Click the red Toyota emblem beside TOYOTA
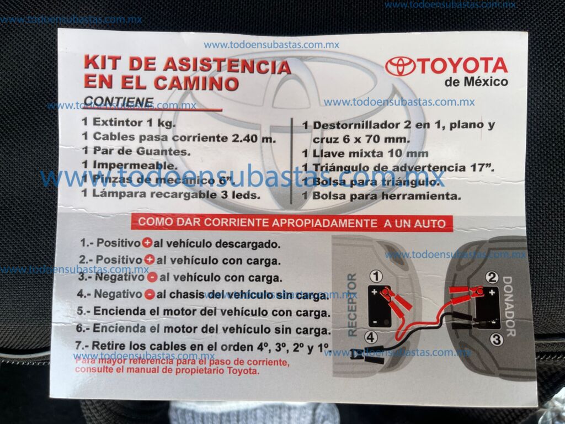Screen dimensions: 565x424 (401, 66)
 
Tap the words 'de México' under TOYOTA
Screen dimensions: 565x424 (476, 82)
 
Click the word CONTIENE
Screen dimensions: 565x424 (119, 102)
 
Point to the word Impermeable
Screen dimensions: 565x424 (135, 166)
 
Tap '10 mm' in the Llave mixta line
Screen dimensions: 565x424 (408, 153)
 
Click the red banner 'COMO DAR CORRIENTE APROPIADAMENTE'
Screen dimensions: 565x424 (291, 223)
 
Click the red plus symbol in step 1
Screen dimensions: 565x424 (147, 243)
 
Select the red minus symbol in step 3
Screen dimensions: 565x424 (152, 277)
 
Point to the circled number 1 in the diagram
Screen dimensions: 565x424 (376, 277)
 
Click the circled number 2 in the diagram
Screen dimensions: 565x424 (492, 277)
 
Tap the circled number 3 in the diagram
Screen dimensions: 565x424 (497, 340)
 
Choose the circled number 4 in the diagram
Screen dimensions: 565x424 (371, 337)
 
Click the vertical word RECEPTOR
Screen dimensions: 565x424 (352, 305)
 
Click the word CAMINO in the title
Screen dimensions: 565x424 (196, 83)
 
